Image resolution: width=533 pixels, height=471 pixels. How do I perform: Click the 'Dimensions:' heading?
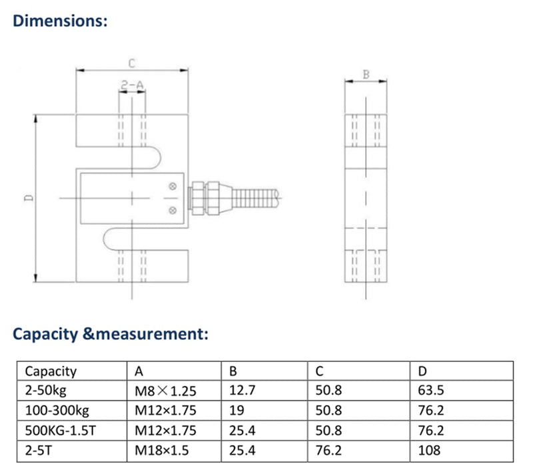point(60,21)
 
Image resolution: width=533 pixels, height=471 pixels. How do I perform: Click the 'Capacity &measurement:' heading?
point(110,333)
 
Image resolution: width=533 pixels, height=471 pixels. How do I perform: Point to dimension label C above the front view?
point(132,64)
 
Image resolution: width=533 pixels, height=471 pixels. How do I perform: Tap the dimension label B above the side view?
point(365,75)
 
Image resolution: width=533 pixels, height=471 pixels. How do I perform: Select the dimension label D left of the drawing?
point(28,198)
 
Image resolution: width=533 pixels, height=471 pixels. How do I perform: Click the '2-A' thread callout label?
point(132,84)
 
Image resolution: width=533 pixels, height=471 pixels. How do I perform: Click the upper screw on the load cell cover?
point(173,186)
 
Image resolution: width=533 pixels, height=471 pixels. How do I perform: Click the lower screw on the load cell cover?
point(173,211)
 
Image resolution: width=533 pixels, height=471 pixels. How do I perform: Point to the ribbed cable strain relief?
point(256,198)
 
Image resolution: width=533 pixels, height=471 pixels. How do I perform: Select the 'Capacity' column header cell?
point(51,371)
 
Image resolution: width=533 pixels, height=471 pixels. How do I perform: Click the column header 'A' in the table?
point(139,371)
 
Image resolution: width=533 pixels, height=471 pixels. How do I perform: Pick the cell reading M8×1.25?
point(165,391)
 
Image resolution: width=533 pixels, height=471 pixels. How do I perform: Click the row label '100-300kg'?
point(57,410)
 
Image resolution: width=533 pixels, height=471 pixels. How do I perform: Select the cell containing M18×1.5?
point(162,450)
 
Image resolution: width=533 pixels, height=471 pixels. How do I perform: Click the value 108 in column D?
point(429,450)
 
